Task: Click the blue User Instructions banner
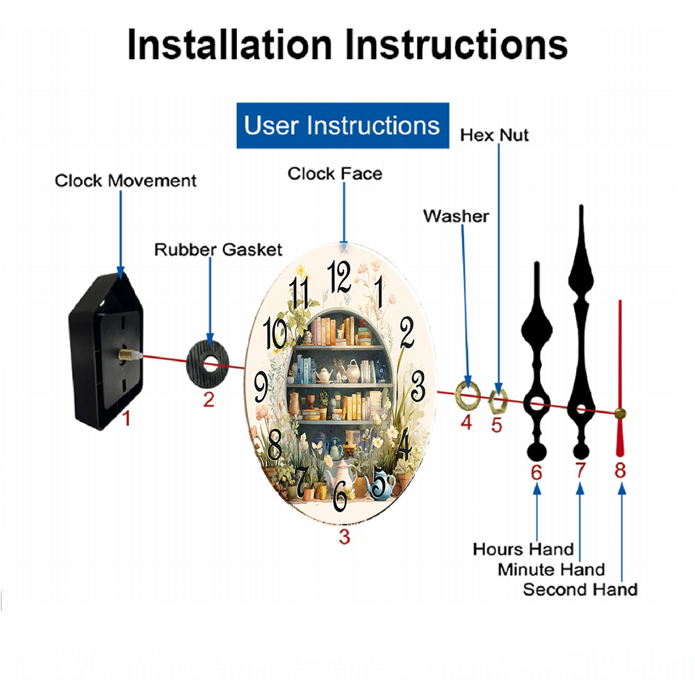(x=343, y=126)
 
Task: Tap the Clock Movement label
(x=126, y=181)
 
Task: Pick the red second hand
(x=620, y=375)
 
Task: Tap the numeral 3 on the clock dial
(x=418, y=383)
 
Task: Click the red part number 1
(x=126, y=418)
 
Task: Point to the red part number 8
(x=620, y=470)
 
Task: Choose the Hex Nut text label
(x=494, y=135)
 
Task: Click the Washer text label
(x=456, y=216)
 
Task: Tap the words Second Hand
(x=580, y=590)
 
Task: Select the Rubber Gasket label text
(x=218, y=250)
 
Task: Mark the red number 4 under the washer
(x=466, y=421)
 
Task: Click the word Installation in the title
(x=229, y=45)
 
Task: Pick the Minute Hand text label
(x=551, y=570)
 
